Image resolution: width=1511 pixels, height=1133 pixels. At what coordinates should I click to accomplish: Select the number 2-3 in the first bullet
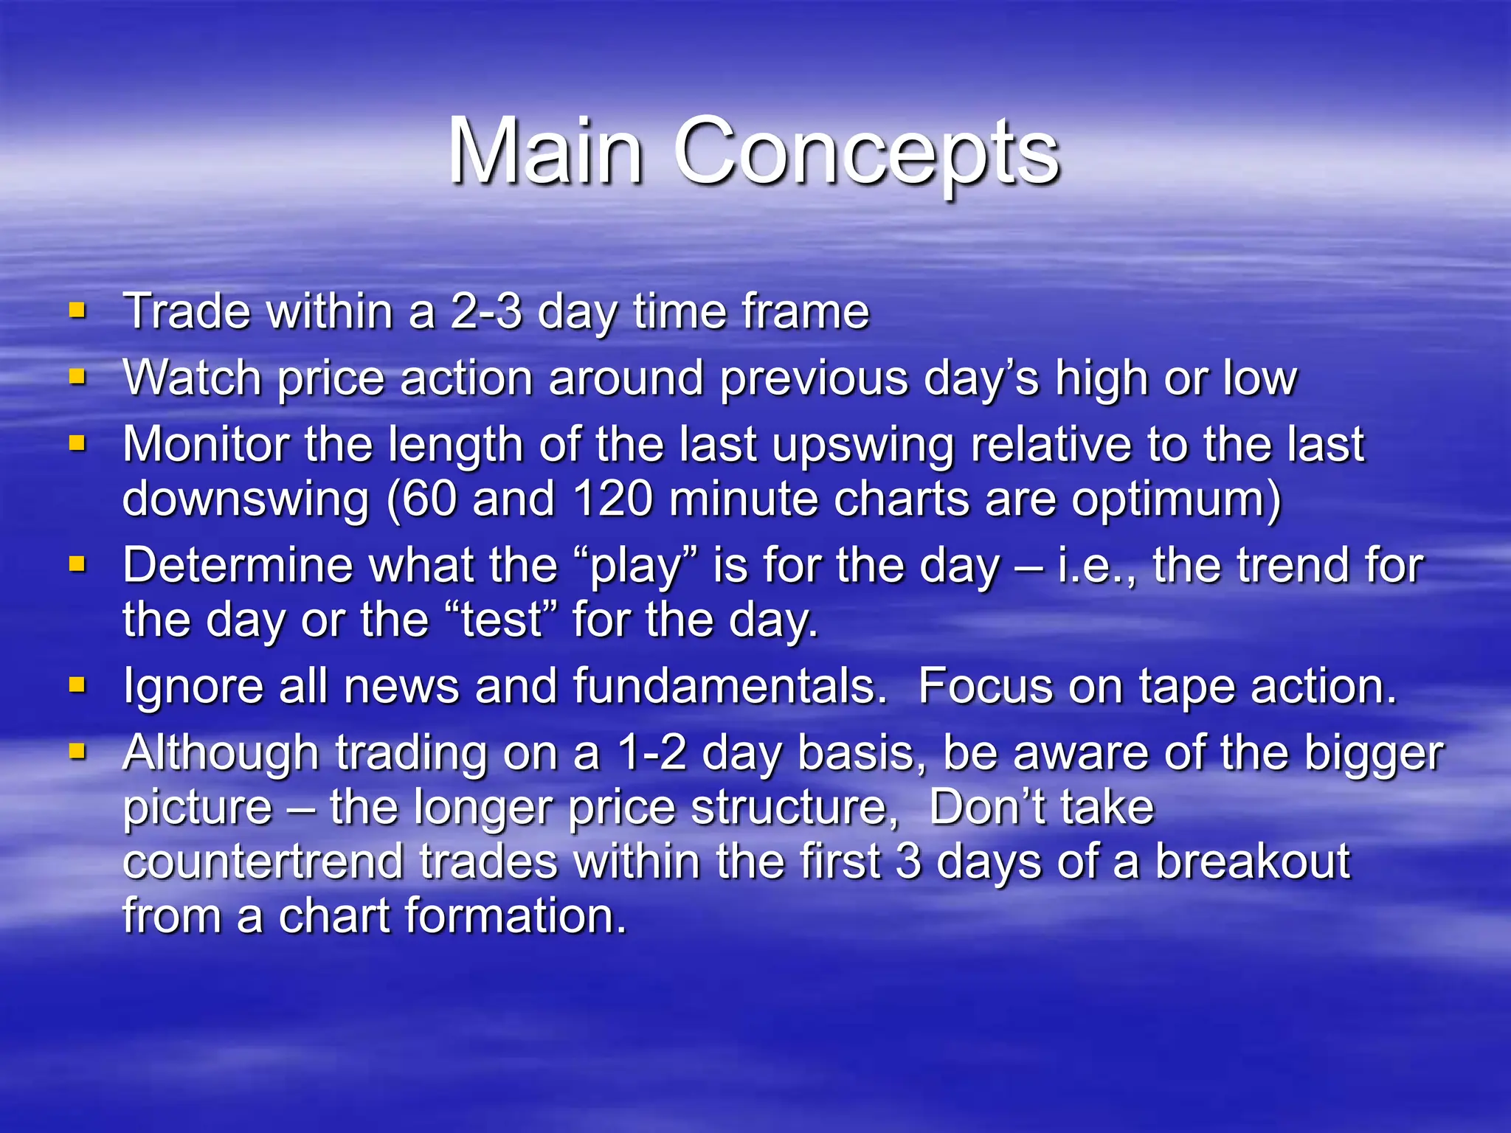pyautogui.click(x=485, y=311)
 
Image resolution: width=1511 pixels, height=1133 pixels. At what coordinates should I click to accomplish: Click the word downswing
pyautogui.click(x=246, y=499)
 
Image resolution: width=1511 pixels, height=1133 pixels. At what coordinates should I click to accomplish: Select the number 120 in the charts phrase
pyautogui.click(x=612, y=499)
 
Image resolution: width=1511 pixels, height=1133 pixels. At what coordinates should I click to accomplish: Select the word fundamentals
pyautogui.click(x=729, y=687)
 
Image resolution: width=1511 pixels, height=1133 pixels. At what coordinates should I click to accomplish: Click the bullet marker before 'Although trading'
pyautogui.click(x=77, y=752)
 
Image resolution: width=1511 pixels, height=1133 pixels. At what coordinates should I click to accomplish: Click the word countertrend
pyautogui.click(x=263, y=862)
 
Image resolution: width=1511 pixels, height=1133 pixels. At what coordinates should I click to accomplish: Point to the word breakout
pyautogui.click(x=1252, y=862)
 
